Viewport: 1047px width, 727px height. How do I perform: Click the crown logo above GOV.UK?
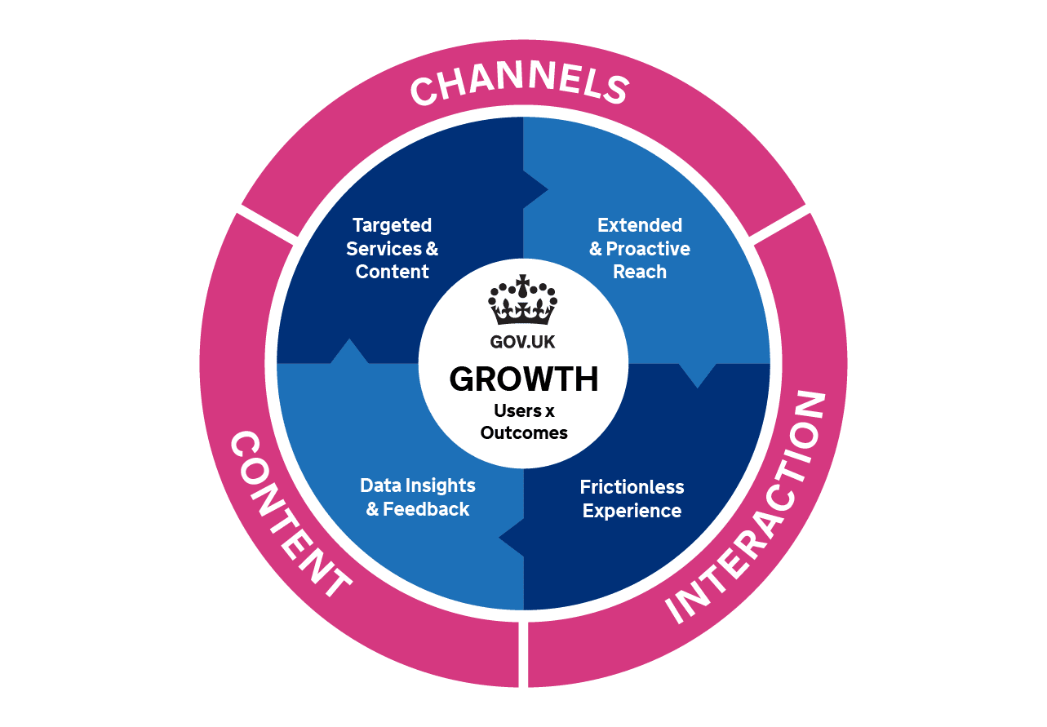click(522, 299)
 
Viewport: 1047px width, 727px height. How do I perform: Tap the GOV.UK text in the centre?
click(522, 343)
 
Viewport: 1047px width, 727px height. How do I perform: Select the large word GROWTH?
click(523, 379)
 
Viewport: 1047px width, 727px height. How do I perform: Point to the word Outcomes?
click(524, 432)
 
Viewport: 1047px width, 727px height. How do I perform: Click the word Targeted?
click(392, 224)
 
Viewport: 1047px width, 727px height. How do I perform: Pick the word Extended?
click(640, 224)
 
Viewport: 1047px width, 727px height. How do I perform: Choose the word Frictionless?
click(632, 487)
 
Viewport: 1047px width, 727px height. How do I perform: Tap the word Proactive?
click(648, 248)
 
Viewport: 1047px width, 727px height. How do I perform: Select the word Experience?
click(632, 511)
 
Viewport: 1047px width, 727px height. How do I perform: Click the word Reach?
click(640, 272)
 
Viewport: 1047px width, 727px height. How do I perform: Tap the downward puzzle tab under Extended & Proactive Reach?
click(698, 375)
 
